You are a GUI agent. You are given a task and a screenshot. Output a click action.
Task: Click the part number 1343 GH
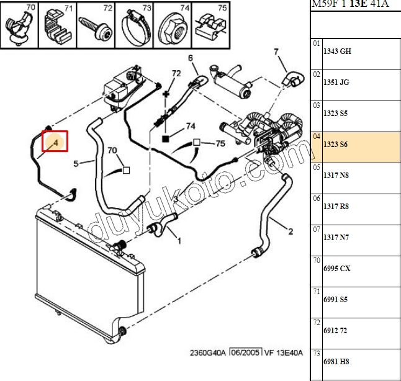[337, 52]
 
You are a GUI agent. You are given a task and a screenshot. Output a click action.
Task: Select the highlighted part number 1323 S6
[335, 145]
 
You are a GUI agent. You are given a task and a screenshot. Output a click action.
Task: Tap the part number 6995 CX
[337, 269]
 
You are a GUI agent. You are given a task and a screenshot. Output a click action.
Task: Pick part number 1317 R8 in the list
[336, 207]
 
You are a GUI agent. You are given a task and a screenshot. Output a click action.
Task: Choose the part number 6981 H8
[336, 362]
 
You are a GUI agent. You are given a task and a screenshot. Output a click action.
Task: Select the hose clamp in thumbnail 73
[133, 29]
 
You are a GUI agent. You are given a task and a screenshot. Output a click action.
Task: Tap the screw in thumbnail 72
[96, 27]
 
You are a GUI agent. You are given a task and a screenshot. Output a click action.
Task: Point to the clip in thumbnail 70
[19, 29]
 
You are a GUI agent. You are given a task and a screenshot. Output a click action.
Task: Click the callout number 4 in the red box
[56, 142]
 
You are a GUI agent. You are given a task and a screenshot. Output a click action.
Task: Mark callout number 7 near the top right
[276, 52]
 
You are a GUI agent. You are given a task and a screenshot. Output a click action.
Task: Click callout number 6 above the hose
[191, 58]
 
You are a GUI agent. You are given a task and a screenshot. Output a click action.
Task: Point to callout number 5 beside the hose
[76, 163]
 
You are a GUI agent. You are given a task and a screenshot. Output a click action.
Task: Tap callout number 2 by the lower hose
[291, 231]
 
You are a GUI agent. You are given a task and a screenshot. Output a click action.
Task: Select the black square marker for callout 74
[166, 139]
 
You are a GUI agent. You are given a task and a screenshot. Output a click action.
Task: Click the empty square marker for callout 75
[196, 143]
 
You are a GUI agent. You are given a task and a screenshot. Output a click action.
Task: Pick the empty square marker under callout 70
[127, 170]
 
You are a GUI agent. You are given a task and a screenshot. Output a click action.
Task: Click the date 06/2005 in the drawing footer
[245, 352]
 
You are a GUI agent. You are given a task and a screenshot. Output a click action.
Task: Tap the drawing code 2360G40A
[208, 353]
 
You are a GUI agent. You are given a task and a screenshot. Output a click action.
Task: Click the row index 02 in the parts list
[317, 74]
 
